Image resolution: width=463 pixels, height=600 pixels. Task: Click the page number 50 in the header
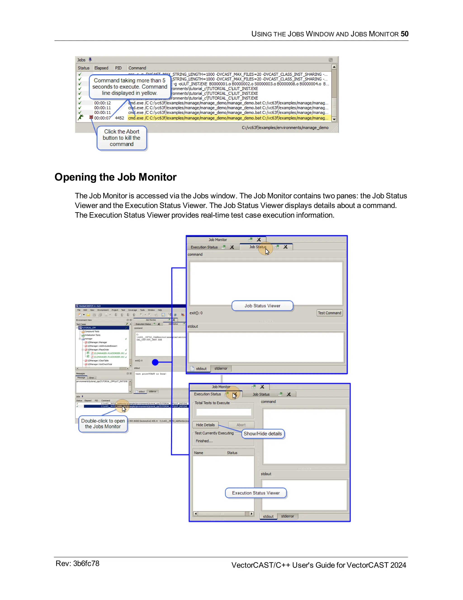pos(404,34)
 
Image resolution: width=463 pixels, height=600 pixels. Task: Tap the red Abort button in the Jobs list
pos(91,117)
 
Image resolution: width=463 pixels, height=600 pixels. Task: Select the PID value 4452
pos(119,118)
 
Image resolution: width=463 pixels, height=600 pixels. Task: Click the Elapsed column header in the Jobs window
pos(101,68)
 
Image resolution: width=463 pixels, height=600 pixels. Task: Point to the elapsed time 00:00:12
pos(102,103)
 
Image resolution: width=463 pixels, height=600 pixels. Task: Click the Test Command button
pos(329,313)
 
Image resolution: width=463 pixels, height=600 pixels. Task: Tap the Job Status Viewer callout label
pos(262,306)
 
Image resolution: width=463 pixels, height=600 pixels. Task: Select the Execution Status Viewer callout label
pos(256,493)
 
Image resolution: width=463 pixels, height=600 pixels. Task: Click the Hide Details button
pos(205,425)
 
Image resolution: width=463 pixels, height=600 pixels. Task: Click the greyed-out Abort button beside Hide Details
pos(241,425)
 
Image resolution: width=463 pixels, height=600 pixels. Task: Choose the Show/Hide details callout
pos(262,434)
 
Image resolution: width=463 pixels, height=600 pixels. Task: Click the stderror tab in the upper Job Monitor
pos(221,368)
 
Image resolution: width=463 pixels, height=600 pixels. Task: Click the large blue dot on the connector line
pos(155,362)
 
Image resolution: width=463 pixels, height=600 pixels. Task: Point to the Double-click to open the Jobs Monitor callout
pos(103,424)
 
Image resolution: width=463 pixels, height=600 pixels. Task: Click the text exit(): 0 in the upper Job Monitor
pos(196,313)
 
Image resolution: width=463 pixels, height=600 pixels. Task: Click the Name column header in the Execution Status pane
pos(198,453)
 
